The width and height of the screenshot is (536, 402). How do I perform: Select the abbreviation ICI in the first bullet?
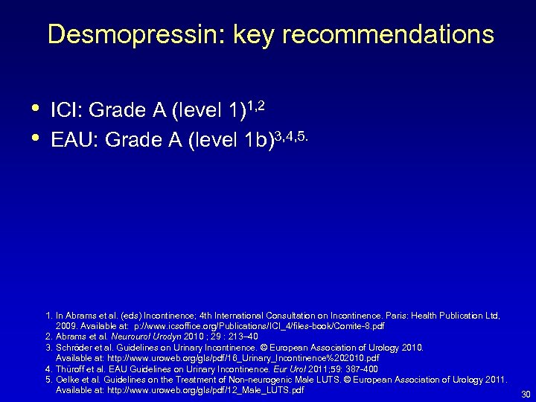pos(66,112)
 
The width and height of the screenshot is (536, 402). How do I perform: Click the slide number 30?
pos(525,394)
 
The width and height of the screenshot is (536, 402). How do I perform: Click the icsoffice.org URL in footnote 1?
pos(246,326)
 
